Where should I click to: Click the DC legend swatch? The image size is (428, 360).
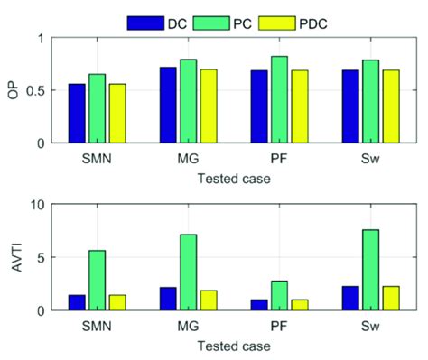coord(144,21)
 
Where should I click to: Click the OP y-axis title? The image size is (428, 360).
coord(14,90)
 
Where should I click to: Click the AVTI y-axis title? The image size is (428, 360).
coord(14,257)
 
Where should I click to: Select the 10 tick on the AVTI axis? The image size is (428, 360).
coord(36,205)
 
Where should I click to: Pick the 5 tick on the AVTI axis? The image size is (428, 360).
coord(39,258)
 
